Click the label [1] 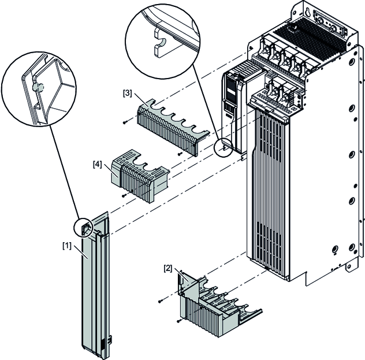pos(67,246)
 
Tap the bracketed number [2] pos(167,268)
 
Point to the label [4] pos(98,164)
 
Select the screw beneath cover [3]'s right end pos(179,154)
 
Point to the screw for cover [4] pos(122,196)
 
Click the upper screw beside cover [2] pos(159,300)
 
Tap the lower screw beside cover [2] pos(179,319)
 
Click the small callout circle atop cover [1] pos(84,228)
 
